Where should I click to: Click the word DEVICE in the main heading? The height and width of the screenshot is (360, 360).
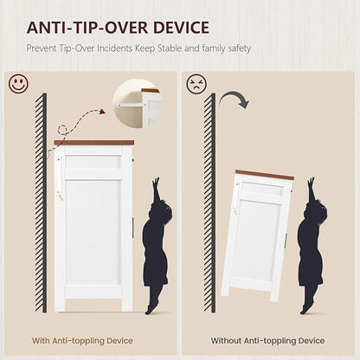[x=181, y=28]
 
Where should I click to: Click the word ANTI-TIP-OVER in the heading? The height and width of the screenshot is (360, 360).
[x=87, y=28]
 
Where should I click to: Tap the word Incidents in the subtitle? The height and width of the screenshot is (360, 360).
[x=115, y=48]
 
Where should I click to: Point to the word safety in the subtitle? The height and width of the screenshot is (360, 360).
[x=240, y=48]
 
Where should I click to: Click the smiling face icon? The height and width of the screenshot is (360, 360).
[x=19, y=84]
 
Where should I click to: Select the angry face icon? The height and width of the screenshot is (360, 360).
[x=196, y=84]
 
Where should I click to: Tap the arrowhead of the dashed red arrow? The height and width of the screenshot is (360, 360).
[x=102, y=112]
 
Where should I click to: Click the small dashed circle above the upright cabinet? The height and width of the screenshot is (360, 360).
[x=62, y=129]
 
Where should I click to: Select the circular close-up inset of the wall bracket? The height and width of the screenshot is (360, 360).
[x=138, y=103]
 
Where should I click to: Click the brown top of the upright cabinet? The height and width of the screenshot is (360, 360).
[x=94, y=143]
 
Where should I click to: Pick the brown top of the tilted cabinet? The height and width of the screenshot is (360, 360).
[x=265, y=175]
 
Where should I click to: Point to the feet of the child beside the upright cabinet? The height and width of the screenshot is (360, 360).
[x=151, y=308]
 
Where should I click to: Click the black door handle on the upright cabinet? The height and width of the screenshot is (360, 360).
[x=133, y=227]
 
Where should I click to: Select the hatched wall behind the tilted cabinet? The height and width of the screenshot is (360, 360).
[x=209, y=202]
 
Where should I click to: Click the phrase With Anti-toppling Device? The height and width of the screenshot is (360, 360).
[x=82, y=341]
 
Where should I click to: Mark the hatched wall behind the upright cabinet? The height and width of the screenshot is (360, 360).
[x=41, y=202]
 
